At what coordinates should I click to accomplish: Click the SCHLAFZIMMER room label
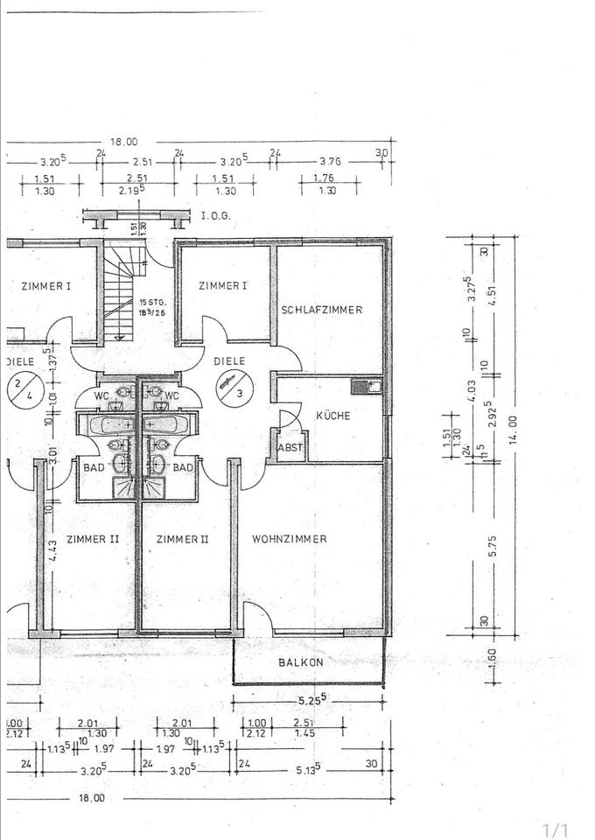click(x=321, y=310)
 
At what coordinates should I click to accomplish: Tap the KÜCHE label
click(x=333, y=416)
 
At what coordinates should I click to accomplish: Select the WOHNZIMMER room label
click(x=289, y=539)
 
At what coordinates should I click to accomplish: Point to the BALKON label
click(x=301, y=662)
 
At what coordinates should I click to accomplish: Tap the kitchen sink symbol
click(x=363, y=385)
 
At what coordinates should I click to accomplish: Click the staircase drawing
click(x=117, y=293)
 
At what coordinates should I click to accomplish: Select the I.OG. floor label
click(x=215, y=215)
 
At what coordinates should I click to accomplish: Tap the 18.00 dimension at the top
click(x=123, y=142)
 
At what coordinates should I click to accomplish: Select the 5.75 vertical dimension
click(x=494, y=547)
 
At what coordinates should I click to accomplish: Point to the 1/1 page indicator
click(x=556, y=829)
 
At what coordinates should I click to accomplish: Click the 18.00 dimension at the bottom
click(x=92, y=798)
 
